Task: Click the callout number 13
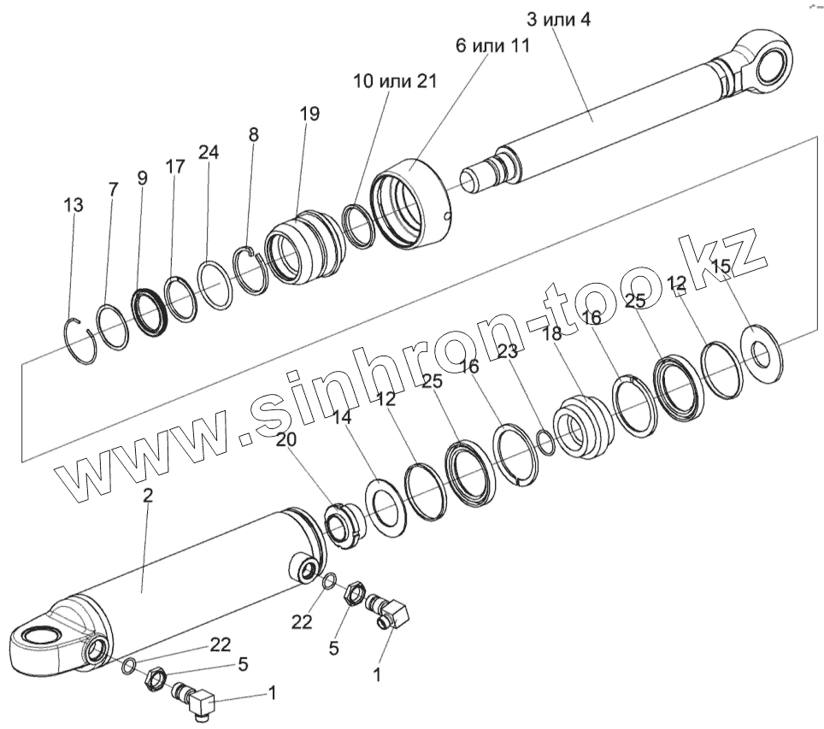point(74,205)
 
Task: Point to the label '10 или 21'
point(395,81)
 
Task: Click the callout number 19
point(309,114)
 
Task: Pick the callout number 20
point(288,438)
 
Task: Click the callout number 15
point(721,267)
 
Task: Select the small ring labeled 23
point(544,442)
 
